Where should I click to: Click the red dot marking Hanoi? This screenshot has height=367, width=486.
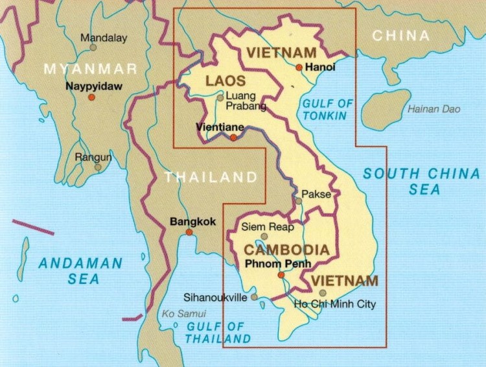tap(299, 67)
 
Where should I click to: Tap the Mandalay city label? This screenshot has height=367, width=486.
tap(104, 38)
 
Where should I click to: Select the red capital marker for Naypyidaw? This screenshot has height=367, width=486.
tap(91, 97)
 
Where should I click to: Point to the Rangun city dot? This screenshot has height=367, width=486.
tap(97, 167)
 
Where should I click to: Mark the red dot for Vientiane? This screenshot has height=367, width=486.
tap(233, 137)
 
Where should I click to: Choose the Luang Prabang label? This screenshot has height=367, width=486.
tap(237, 101)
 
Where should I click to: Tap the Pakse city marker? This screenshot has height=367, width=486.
tap(299, 200)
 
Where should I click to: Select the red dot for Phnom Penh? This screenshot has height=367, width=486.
tap(281, 274)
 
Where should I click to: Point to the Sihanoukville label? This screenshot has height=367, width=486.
tap(215, 298)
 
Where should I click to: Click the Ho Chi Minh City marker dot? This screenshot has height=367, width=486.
tap(323, 293)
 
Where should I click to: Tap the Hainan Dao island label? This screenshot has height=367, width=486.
tap(434, 109)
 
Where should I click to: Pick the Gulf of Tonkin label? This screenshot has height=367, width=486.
tap(328, 110)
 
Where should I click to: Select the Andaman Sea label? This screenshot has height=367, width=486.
tap(80, 270)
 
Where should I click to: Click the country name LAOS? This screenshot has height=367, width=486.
tap(226, 81)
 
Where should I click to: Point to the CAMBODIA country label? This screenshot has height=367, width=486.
tap(286, 250)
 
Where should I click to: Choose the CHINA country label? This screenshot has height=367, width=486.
tap(400, 36)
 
